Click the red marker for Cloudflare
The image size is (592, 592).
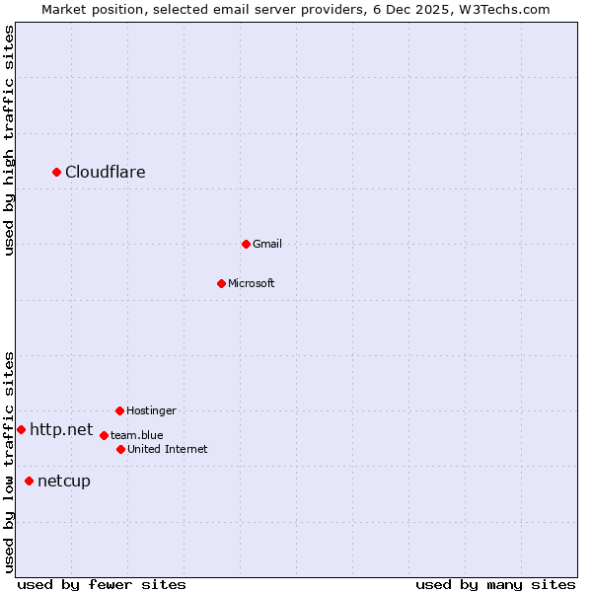pyautogui.click(x=57, y=173)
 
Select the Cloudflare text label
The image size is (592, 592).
pyautogui.click(x=106, y=173)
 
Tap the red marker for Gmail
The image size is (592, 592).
pyautogui.click(x=246, y=244)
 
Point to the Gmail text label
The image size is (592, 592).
pyautogui.click(x=267, y=244)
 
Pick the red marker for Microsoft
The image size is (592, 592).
pyautogui.click(x=221, y=283)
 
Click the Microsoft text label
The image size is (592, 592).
pyautogui.click(x=252, y=283)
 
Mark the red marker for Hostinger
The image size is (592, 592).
pyautogui.click(x=119, y=410)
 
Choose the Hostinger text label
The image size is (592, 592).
pyautogui.click(x=151, y=410)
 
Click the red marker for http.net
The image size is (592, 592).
pyautogui.click(x=21, y=429)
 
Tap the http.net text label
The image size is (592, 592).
pyautogui.click(x=61, y=429)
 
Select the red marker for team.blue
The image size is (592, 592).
pyautogui.click(x=104, y=435)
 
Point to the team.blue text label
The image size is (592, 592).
pyautogui.click(x=137, y=435)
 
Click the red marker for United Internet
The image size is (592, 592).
pyautogui.click(x=120, y=449)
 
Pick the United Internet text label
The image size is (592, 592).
pyautogui.click(x=168, y=449)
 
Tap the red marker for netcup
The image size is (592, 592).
pyautogui.click(x=29, y=481)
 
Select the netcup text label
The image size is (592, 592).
pyautogui.click(x=64, y=481)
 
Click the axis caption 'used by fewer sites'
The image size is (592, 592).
pyautogui.click(x=102, y=584)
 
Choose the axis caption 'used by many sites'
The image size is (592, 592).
pyautogui.click(x=495, y=584)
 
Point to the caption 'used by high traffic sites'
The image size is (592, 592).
pyautogui.click(x=9, y=140)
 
